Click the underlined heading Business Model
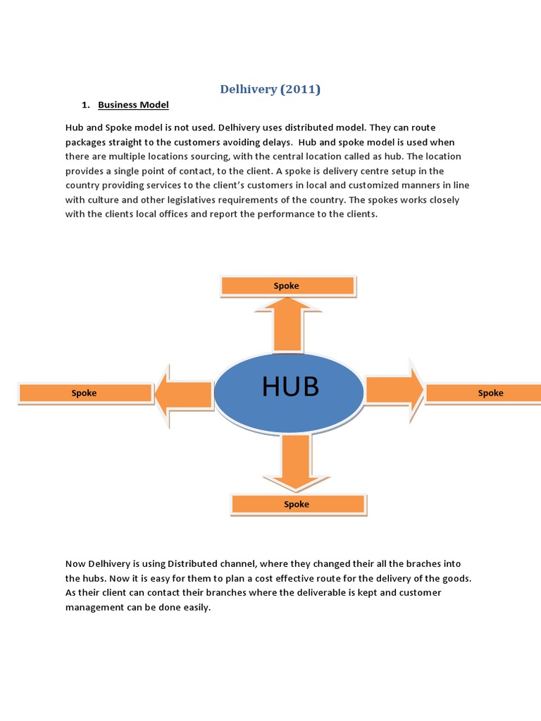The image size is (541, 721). [x=133, y=105]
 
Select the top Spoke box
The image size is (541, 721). [x=287, y=285]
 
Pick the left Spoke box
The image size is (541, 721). [x=85, y=393]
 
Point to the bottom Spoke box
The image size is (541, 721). [x=297, y=504]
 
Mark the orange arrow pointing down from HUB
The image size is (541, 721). [x=296, y=462]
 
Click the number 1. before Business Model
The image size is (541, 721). [x=85, y=105]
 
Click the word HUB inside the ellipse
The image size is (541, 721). [x=290, y=387]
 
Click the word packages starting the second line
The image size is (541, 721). [x=87, y=142]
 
